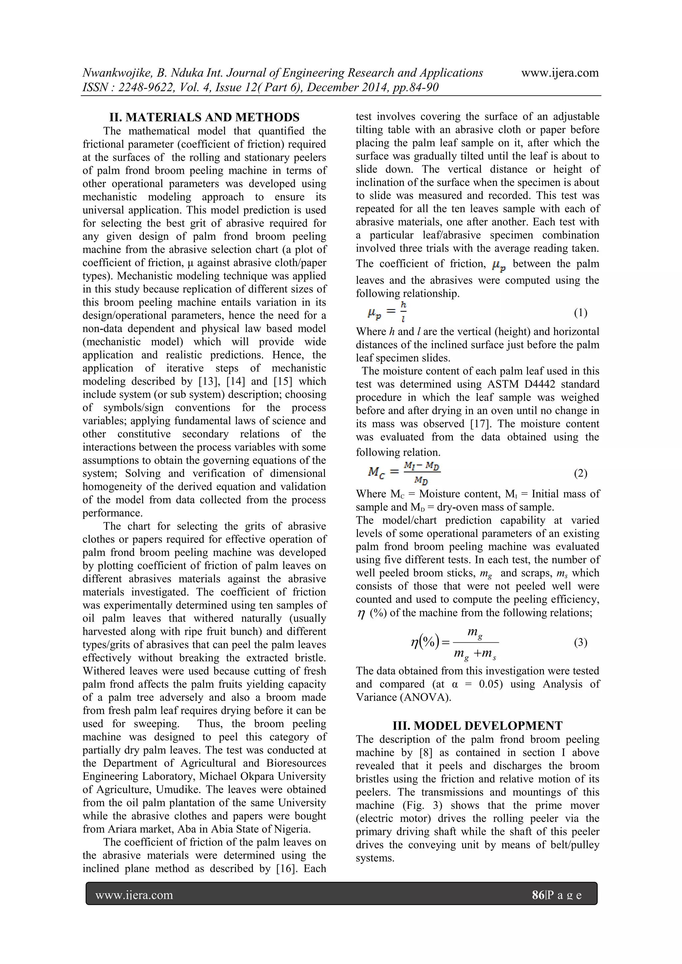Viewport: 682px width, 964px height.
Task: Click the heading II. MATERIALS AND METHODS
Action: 204,117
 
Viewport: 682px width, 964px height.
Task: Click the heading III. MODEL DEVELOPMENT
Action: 478,726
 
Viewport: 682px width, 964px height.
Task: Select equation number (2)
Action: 580,474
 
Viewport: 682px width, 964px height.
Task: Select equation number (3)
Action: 580,642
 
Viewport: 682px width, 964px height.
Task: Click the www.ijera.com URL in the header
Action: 560,73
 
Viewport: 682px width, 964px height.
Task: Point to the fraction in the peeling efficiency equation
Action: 476,644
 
